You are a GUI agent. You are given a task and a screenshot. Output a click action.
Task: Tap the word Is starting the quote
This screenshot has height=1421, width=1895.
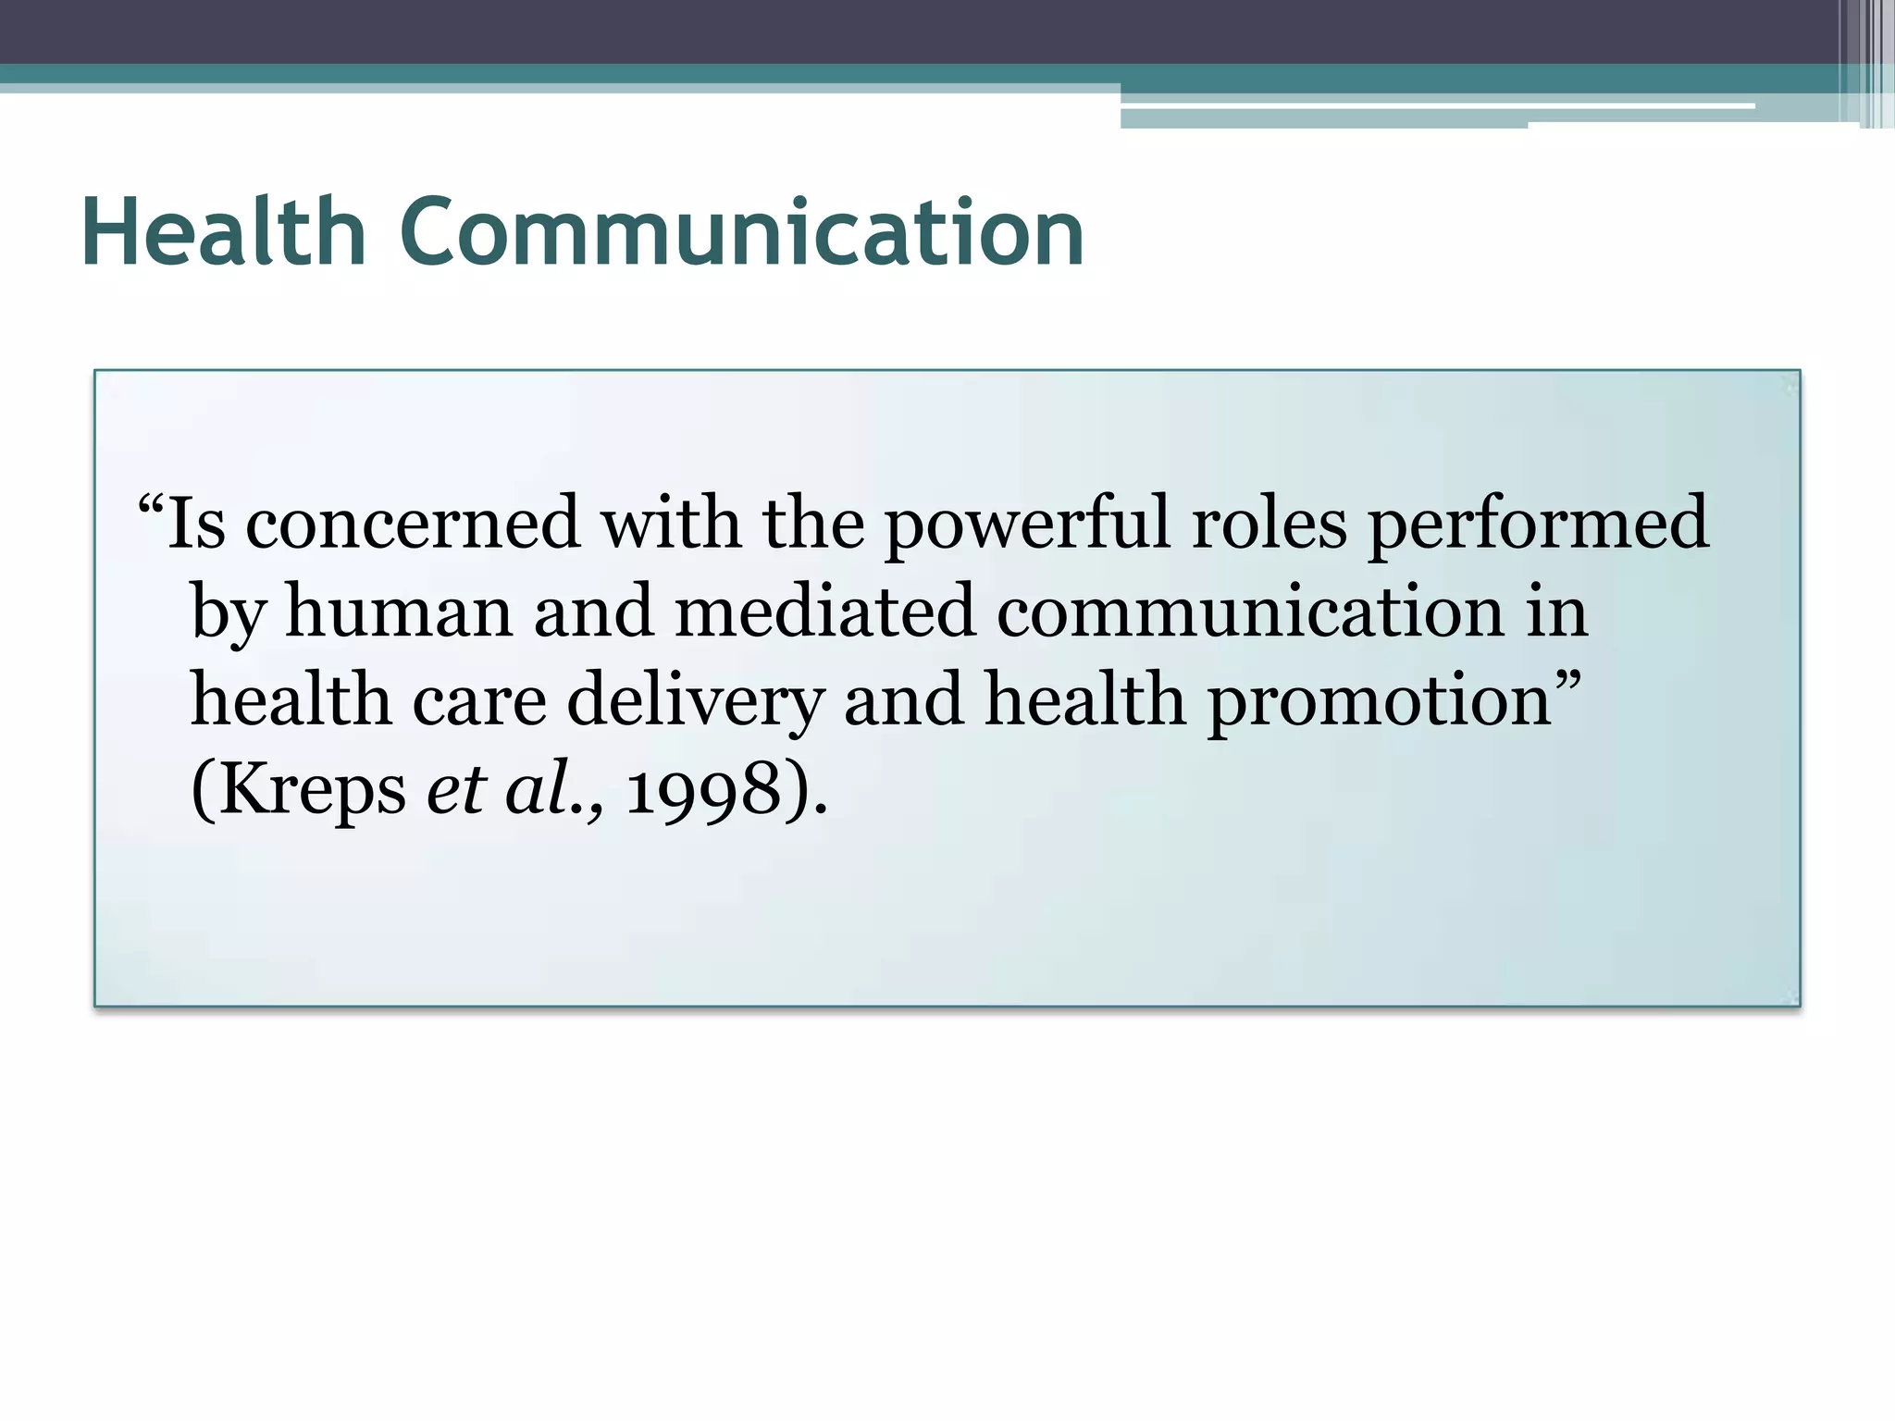196,524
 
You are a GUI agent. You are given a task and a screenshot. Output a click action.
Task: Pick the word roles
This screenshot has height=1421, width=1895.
1269,524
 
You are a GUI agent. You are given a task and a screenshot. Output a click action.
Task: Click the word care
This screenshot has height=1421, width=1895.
479,700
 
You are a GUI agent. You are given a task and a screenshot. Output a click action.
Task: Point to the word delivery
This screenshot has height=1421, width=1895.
695,702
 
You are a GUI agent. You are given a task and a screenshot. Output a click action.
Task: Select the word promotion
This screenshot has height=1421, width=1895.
1380,702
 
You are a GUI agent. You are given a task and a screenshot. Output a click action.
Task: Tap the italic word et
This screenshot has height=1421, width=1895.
456,791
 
